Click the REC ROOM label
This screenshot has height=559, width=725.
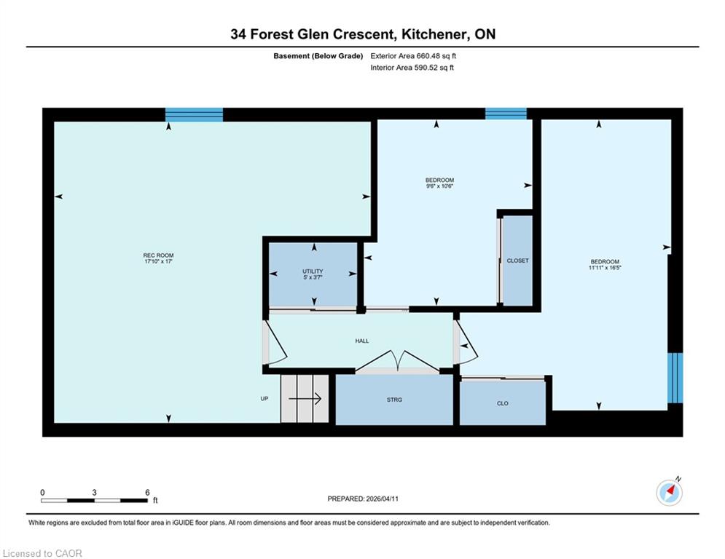[x=158, y=255]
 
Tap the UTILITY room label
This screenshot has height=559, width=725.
[x=313, y=271]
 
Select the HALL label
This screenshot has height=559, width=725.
[x=362, y=341]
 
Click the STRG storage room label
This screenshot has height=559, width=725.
[x=394, y=400]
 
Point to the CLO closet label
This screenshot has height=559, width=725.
[x=503, y=403]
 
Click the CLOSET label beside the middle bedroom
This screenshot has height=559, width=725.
[x=517, y=261]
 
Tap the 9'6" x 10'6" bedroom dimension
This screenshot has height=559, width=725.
[x=439, y=186]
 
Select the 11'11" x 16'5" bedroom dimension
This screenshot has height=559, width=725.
[x=605, y=267]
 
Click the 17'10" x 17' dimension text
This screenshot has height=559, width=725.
[x=158, y=261]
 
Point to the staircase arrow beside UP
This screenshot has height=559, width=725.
[x=305, y=398]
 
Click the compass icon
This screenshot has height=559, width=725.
[x=669, y=493]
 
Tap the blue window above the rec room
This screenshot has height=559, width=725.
[x=195, y=114]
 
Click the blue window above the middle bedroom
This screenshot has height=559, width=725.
[x=506, y=114]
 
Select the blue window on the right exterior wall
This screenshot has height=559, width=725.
[x=675, y=378]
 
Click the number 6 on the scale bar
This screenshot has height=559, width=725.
[x=147, y=493]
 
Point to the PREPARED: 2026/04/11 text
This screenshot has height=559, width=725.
[x=363, y=499]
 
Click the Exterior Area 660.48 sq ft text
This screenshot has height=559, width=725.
[x=413, y=56]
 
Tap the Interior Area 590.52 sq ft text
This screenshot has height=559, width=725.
[x=412, y=68]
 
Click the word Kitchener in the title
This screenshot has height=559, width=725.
[x=434, y=34]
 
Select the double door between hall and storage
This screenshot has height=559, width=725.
[x=398, y=361]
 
